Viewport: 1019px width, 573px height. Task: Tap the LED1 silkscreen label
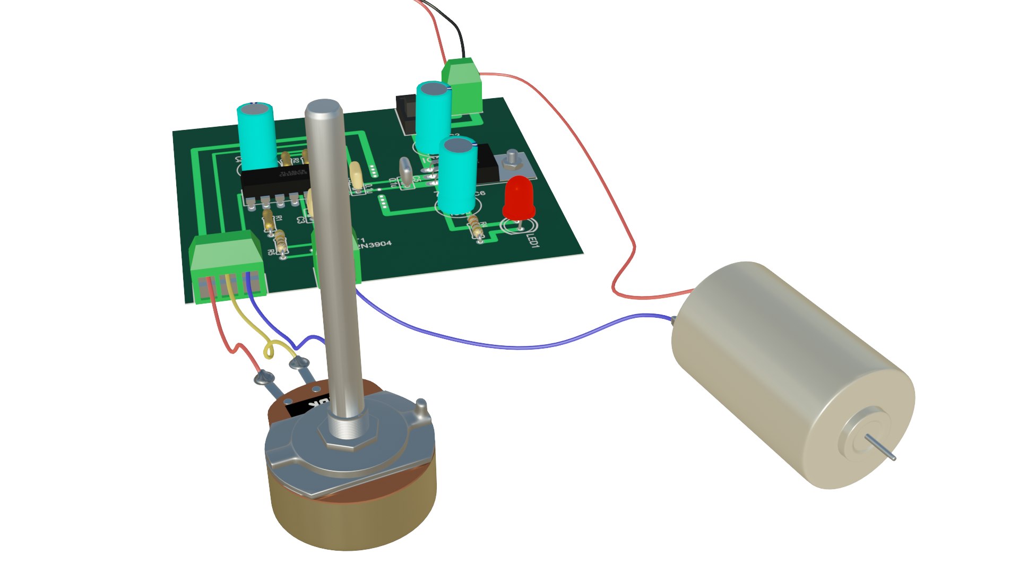tap(533, 240)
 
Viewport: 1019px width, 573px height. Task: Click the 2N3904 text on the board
tap(375, 245)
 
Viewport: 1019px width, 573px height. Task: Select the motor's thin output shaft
tap(880, 447)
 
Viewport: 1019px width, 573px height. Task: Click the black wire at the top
tap(456, 27)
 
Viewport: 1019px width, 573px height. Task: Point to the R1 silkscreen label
tap(279, 218)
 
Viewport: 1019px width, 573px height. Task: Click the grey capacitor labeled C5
tap(406, 172)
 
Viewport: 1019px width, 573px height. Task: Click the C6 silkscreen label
tap(479, 193)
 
